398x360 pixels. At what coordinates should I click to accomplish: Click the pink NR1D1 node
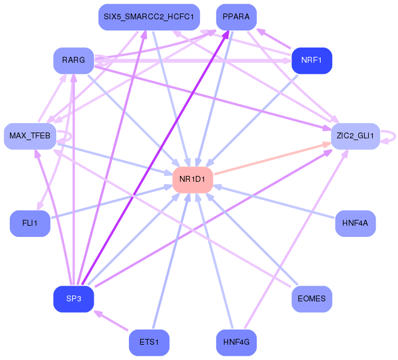pos(193,180)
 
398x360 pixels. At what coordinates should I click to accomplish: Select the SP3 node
pos(74,299)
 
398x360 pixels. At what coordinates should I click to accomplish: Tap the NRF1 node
pos(312,60)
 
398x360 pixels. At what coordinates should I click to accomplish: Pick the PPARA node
pos(236,17)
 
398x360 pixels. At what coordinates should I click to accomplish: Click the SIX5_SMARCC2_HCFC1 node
pos(149,17)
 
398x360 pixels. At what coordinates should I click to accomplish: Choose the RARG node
pos(74,60)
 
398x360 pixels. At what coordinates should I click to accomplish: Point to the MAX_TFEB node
pos(30,136)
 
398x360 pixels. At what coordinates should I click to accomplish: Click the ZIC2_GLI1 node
pos(355,136)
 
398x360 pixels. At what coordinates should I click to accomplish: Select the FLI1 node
pos(30,223)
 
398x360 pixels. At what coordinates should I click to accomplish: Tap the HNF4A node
pos(355,223)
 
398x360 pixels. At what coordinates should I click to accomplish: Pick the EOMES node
pos(312,299)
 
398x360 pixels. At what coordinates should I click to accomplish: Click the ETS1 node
pos(149,342)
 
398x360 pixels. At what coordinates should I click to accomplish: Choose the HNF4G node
pos(236,342)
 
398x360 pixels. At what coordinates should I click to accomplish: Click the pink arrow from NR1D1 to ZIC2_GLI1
pos(273,158)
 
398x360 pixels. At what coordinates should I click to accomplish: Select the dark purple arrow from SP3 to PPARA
pos(155,158)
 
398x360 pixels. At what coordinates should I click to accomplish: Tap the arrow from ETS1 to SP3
pos(111,320)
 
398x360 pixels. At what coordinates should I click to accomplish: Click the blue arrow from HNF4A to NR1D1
pos(274,202)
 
